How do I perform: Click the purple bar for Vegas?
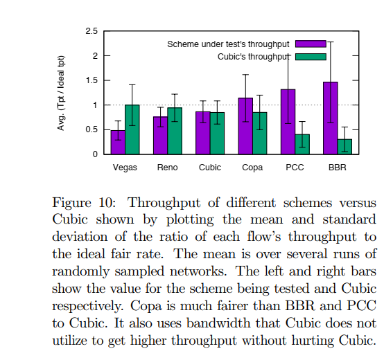pos(118,143)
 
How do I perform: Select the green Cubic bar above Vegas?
pos(132,129)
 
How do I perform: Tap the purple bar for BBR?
pos(330,118)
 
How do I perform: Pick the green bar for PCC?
pos(302,144)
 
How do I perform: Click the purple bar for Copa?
pos(245,126)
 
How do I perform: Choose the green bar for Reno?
pos(175,131)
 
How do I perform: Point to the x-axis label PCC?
pos(295,168)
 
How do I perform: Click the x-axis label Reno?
pos(167,168)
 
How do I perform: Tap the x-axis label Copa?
pos(252,168)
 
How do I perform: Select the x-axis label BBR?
pos(337,168)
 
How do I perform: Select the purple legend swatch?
pos(310,44)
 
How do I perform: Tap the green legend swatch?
pos(310,57)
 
